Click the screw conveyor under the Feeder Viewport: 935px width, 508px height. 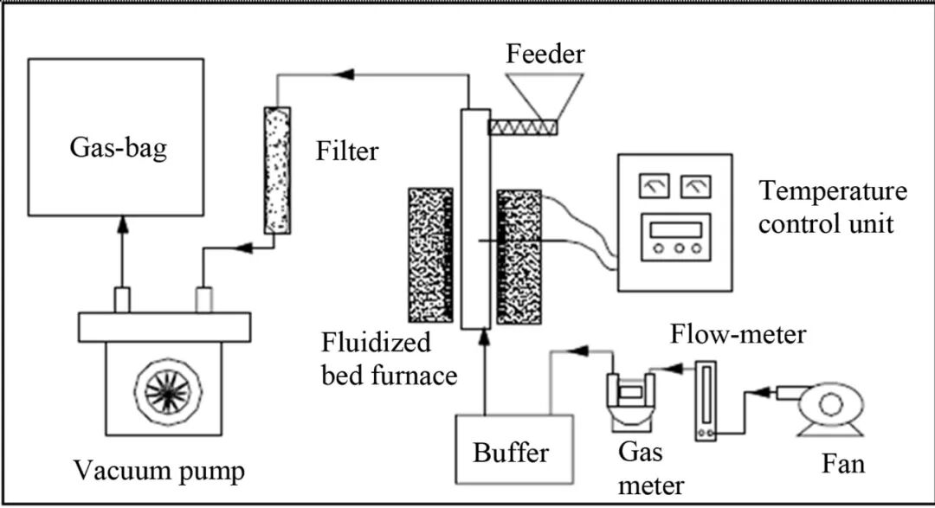tap(523, 126)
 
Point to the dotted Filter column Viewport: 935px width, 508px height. tap(278, 170)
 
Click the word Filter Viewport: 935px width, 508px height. tap(347, 152)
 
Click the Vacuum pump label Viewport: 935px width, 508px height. tap(159, 473)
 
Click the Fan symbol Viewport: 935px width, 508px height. tap(829, 405)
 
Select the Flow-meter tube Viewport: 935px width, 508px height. tap(707, 400)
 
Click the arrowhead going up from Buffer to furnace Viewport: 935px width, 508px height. tap(484, 351)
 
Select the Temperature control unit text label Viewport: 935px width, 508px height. tap(831, 208)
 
